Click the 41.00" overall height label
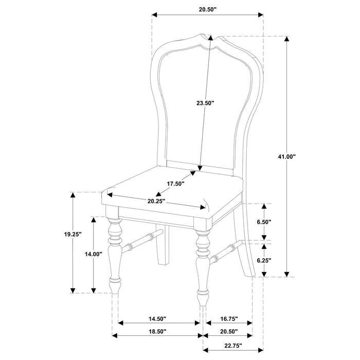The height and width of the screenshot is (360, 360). [286, 156]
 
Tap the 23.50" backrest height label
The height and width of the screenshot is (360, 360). [205, 103]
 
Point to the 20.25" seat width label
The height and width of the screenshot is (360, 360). [156, 201]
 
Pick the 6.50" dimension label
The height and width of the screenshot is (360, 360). [263, 222]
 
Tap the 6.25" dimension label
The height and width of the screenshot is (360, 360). [263, 260]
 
